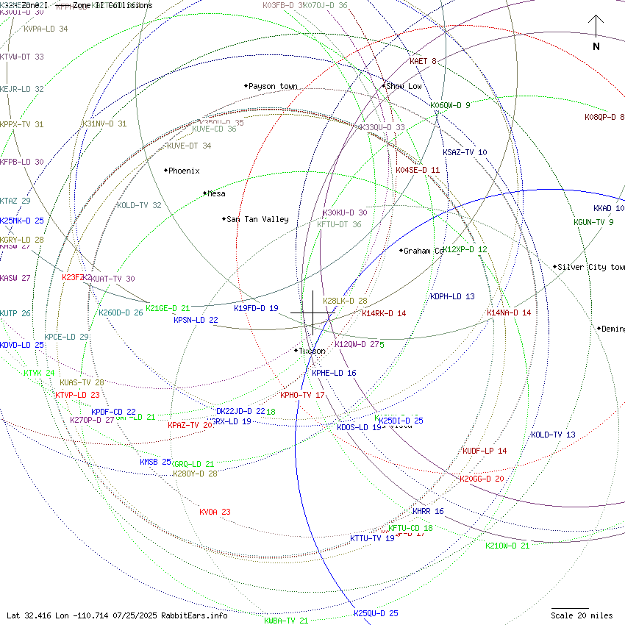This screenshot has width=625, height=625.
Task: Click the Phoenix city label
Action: click(184, 171)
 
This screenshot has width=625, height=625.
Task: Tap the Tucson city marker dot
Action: click(296, 351)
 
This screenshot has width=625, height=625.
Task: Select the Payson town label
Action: click(273, 87)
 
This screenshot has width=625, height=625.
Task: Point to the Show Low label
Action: click(404, 87)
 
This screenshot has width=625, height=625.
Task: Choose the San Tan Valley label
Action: click(257, 219)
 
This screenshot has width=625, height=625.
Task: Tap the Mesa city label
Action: click(216, 194)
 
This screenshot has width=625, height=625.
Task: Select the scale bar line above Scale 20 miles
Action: click(570, 608)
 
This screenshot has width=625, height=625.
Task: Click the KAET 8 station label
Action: click(423, 62)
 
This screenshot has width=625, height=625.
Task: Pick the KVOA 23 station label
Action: click(215, 512)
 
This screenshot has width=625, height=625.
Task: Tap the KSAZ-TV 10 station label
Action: click(465, 153)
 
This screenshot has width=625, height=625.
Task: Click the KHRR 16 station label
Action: click(428, 512)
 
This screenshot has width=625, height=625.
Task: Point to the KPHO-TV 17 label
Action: click(302, 396)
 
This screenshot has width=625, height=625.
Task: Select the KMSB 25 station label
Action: click(155, 462)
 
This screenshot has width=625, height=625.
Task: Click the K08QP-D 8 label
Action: click(604, 118)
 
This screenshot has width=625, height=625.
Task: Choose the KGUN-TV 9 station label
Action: click(593, 223)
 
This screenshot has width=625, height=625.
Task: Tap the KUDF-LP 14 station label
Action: click(485, 451)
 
